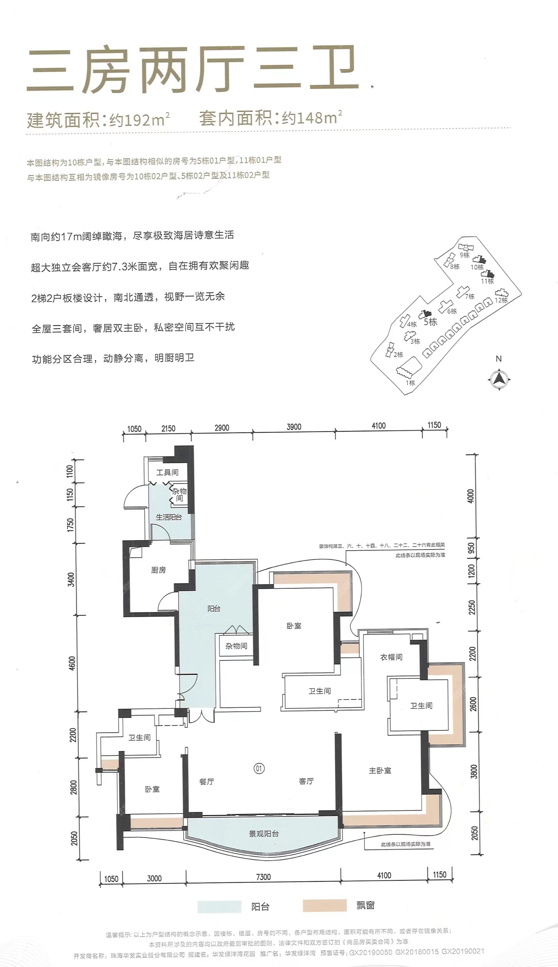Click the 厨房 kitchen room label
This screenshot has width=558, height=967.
tap(158, 570)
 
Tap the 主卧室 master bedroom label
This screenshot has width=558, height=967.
tap(380, 770)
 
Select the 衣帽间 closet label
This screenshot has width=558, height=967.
tap(391, 657)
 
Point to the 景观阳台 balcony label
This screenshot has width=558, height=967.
tap(264, 833)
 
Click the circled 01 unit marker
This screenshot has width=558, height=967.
tap(259, 768)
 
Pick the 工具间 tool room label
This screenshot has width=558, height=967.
tap(167, 472)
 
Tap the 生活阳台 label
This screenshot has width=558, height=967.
tap(169, 517)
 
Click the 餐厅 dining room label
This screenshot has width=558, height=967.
tap(207, 781)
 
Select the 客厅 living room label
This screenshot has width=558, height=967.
tap(306, 781)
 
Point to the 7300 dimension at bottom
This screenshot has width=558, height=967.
tap(263, 877)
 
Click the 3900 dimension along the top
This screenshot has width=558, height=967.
tap(294, 427)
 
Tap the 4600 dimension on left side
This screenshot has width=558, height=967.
tap(72, 663)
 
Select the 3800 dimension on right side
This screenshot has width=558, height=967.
tap(474, 771)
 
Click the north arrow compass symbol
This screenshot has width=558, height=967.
tap(499, 379)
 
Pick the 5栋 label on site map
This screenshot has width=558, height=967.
tap(430, 322)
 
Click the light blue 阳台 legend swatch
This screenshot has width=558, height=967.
tap(219, 907)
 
